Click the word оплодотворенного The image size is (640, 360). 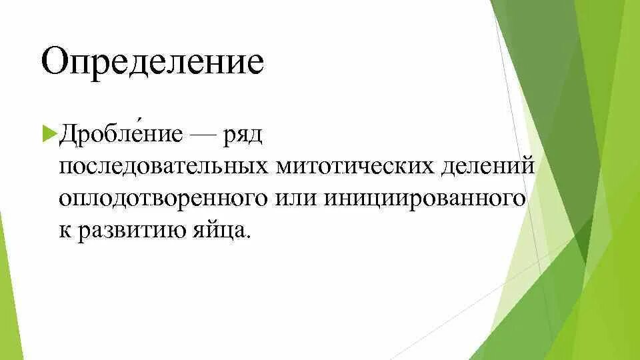[164, 198]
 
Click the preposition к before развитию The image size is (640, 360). [64, 231]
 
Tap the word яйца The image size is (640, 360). [224, 231]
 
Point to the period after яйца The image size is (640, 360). [251, 237]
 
